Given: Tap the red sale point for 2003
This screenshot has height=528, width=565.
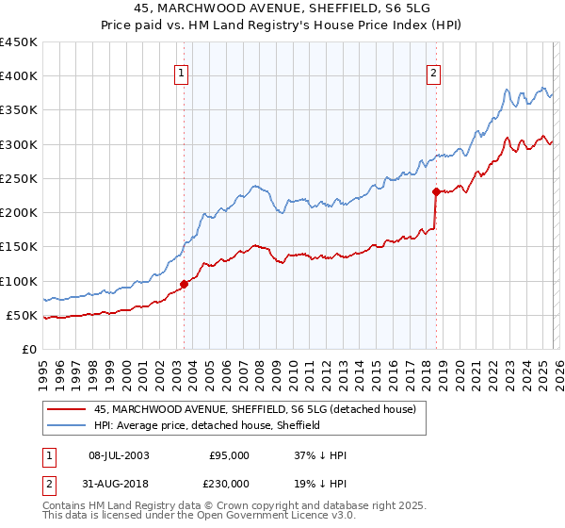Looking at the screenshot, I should [185, 284].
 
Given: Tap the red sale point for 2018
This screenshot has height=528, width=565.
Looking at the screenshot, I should [436, 191].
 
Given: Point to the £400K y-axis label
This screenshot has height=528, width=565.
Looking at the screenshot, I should [19, 76].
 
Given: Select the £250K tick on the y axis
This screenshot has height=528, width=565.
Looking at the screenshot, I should [19, 178].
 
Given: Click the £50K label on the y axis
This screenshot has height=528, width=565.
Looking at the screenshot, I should [23, 315].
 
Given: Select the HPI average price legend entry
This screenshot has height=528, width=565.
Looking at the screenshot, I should [207, 425].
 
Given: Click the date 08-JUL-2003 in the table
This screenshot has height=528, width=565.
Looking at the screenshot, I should [117, 455].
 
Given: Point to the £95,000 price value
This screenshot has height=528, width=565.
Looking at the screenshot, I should [231, 455].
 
